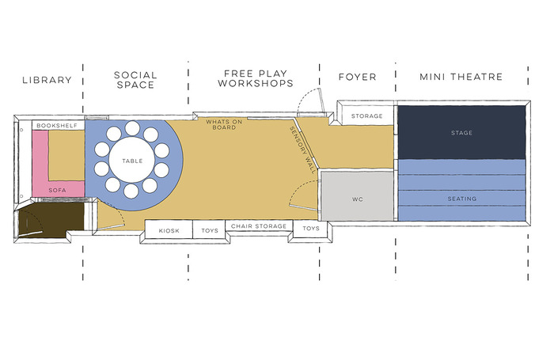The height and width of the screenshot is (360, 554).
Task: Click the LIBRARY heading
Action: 47,80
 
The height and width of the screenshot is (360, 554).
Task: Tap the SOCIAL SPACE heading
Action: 135,80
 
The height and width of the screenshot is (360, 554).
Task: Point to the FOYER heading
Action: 356,78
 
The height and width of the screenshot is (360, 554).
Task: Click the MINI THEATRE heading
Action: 461,78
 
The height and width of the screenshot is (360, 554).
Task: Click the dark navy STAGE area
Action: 461,132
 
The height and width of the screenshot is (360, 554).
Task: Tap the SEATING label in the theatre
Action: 461,199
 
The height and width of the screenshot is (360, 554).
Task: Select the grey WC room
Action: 356,199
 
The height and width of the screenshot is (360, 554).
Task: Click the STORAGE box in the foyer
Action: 366,116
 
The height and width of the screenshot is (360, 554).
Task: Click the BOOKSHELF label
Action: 55,125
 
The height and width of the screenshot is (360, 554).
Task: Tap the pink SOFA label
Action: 55,191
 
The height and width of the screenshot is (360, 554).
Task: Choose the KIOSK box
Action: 169,230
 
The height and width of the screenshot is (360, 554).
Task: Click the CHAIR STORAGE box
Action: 259,226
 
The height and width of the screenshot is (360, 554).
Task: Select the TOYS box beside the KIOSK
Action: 210,230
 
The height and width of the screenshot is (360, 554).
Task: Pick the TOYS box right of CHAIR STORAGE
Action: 311,229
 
